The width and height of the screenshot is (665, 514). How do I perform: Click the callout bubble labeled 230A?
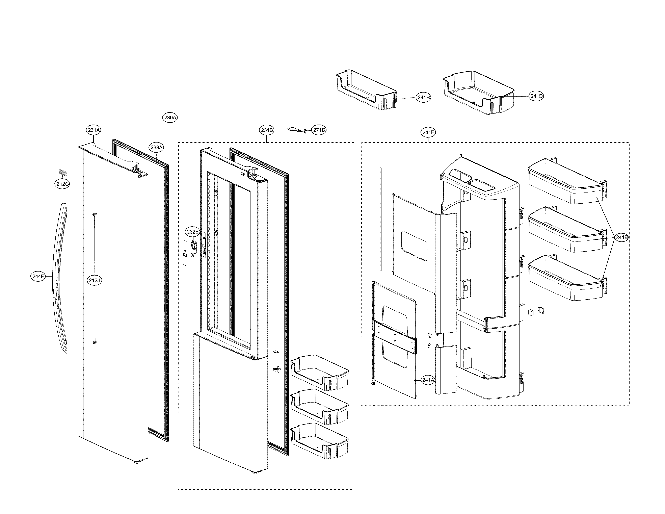click(170, 118)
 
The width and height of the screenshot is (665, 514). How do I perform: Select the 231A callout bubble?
click(94, 130)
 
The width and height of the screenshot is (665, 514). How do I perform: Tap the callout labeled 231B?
click(267, 130)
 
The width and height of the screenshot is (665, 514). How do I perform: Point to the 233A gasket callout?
click(157, 147)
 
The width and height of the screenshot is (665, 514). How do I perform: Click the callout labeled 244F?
click(38, 277)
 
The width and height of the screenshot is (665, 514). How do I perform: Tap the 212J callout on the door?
click(94, 280)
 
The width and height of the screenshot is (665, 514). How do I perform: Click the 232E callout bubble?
click(192, 232)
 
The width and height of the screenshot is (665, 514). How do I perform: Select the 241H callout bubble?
click(424, 97)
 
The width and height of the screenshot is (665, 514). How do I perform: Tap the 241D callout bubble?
click(536, 96)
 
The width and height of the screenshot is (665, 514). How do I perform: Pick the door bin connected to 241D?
click(478, 91)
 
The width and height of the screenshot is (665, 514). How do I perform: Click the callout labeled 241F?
click(428, 132)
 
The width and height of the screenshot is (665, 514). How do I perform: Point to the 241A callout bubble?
click(428, 380)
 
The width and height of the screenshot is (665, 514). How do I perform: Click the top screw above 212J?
click(94, 214)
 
